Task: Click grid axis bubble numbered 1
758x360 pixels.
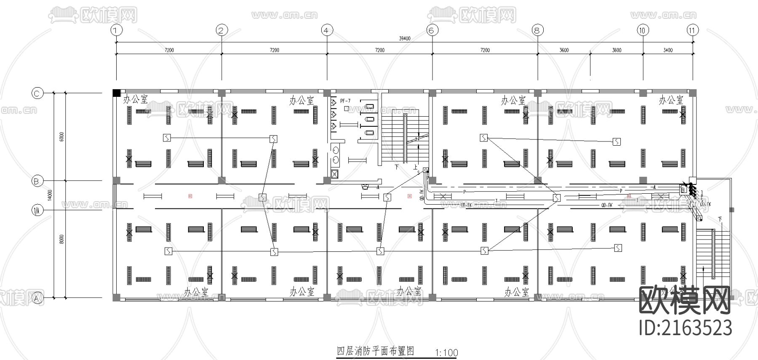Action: pyautogui.click(x=117, y=30)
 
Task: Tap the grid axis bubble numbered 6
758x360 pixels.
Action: pyautogui.click(x=432, y=30)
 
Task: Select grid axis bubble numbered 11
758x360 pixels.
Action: pyautogui.click(x=692, y=30)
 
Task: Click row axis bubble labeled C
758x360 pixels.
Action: pyautogui.click(x=37, y=93)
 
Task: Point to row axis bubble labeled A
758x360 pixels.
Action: pyautogui.click(x=37, y=298)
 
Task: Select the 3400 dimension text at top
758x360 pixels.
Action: pyautogui.click(x=668, y=50)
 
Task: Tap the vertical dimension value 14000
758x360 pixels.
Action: pyautogui.click(x=50, y=195)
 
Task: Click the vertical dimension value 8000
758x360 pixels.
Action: pyautogui.click(x=61, y=240)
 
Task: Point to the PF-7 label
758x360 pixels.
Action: pyautogui.click(x=345, y=101)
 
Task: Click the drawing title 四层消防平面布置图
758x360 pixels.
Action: pyautogui.click(x=376, y=351)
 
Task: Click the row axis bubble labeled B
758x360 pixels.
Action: pyautogui.click(x=37, y=181)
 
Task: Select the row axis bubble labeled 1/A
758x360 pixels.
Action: pyautogui.click(x=37, y=209)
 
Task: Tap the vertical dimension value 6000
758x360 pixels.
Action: pyautogui.click(x=61, y=137)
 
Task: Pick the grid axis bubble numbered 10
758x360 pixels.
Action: pyautogui.click(x=643, y=30)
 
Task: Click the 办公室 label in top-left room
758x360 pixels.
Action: pyautogui.click(x=136, y=99)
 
